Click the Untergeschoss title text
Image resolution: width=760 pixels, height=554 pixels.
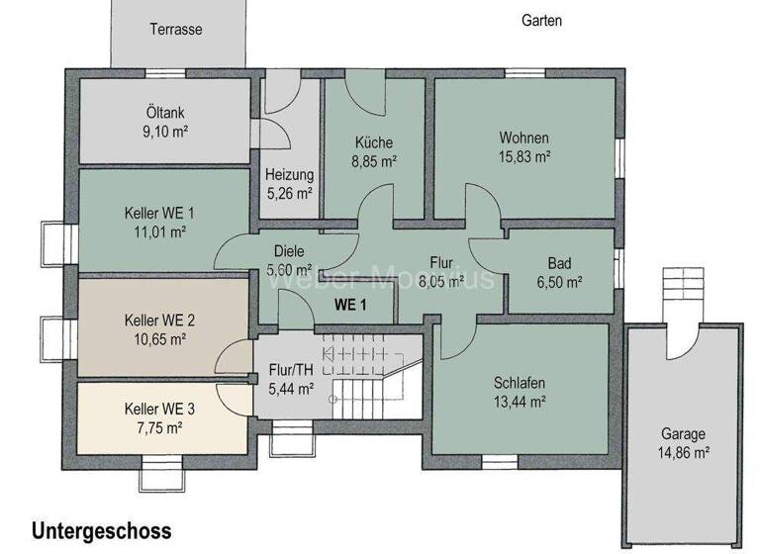101,531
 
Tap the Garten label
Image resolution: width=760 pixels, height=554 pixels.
541,20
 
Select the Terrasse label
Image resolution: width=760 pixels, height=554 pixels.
176,30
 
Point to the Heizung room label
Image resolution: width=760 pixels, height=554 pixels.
289,175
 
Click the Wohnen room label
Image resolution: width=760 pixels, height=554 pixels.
523,138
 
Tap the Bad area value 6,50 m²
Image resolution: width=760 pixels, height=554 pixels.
559,282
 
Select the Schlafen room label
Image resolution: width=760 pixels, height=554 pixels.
520,383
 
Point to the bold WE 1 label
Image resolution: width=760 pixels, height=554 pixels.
349,305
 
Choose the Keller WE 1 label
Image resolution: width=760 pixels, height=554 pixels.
159,214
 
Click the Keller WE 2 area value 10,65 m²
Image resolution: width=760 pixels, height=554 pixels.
159,338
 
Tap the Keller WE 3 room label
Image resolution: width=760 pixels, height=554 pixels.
159,409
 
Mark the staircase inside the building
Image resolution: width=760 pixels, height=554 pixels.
374,380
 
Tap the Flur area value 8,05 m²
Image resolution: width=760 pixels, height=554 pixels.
441,281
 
